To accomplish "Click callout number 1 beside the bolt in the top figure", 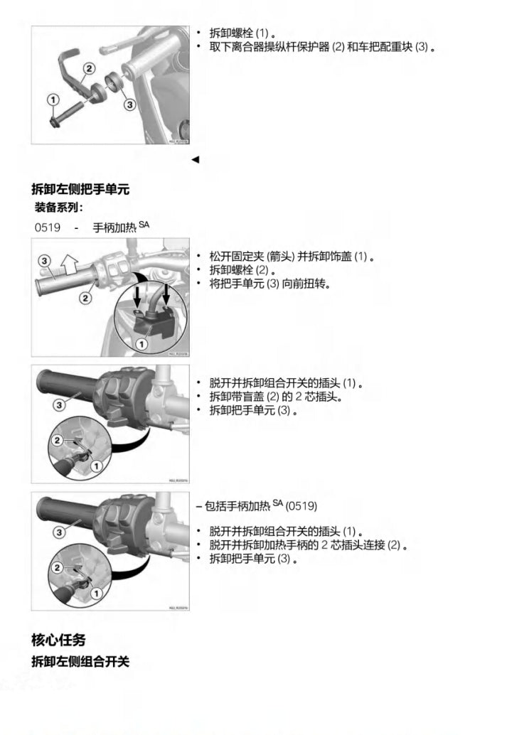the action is click(53, 100).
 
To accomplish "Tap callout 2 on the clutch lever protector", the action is click(89, 69).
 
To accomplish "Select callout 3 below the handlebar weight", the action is click(130, 104).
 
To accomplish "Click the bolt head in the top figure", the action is click(54, 122).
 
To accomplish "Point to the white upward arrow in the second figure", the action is click(70, 264).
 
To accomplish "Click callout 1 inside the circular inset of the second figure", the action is click(141, 345).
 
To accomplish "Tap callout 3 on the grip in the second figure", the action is click(44, 261).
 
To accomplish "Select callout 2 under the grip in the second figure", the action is click(85, 298).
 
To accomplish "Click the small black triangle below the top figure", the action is click(196, 160).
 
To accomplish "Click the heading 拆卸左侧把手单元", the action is click(80, 189).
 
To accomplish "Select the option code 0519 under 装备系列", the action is click(48, 227).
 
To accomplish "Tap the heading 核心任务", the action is click(58, 639).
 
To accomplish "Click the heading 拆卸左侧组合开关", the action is click(80, 661).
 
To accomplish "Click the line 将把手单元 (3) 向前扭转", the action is click(269, 284).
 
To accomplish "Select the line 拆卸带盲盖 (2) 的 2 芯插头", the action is click(276, 397).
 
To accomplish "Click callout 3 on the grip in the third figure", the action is click(59, 404).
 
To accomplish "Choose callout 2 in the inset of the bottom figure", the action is click(57, 568).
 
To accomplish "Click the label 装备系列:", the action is click(58, 208).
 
